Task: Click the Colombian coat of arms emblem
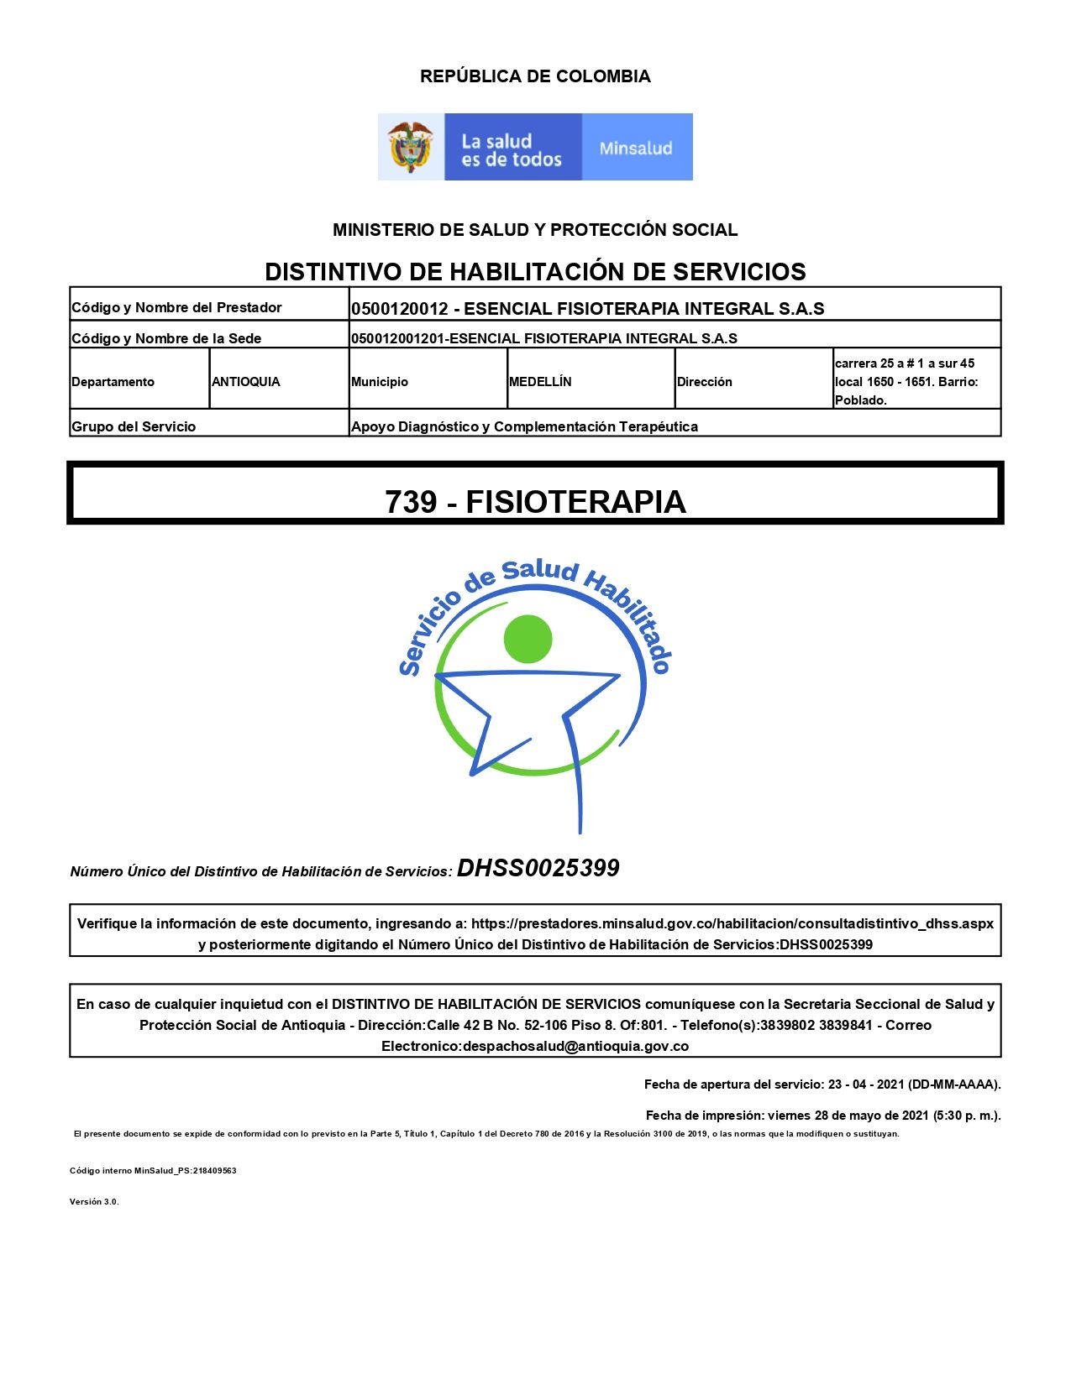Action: click(x=410, y=147)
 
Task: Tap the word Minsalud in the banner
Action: click(x=636, y=149)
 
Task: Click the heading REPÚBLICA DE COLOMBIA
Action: click(x=535, y=76)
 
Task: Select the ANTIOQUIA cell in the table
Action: click(x=246, y=382)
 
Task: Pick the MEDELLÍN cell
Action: click(x=540, y=382)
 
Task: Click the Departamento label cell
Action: click(x=113, y=382)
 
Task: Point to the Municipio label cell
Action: click(x=380, y=382)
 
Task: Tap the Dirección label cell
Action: click(x=705, y=382)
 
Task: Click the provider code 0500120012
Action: click(x=400, y=309)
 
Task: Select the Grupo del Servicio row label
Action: click(x=134, y=426)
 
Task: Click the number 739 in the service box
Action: click(x=412, y=502)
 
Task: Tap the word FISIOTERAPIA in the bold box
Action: click(x=576, y=502)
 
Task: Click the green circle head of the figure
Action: click(x=528, y=640)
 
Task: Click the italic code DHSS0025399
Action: click(x=538, y=868)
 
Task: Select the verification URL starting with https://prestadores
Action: click(x=732, y=923)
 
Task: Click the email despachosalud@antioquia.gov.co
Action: click(x=576, y=1047)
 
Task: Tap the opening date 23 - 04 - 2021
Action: click(x=866, y=1084)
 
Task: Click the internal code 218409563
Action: click(x=215, y=1171)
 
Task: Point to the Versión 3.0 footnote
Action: click(x=94, y=1202)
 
